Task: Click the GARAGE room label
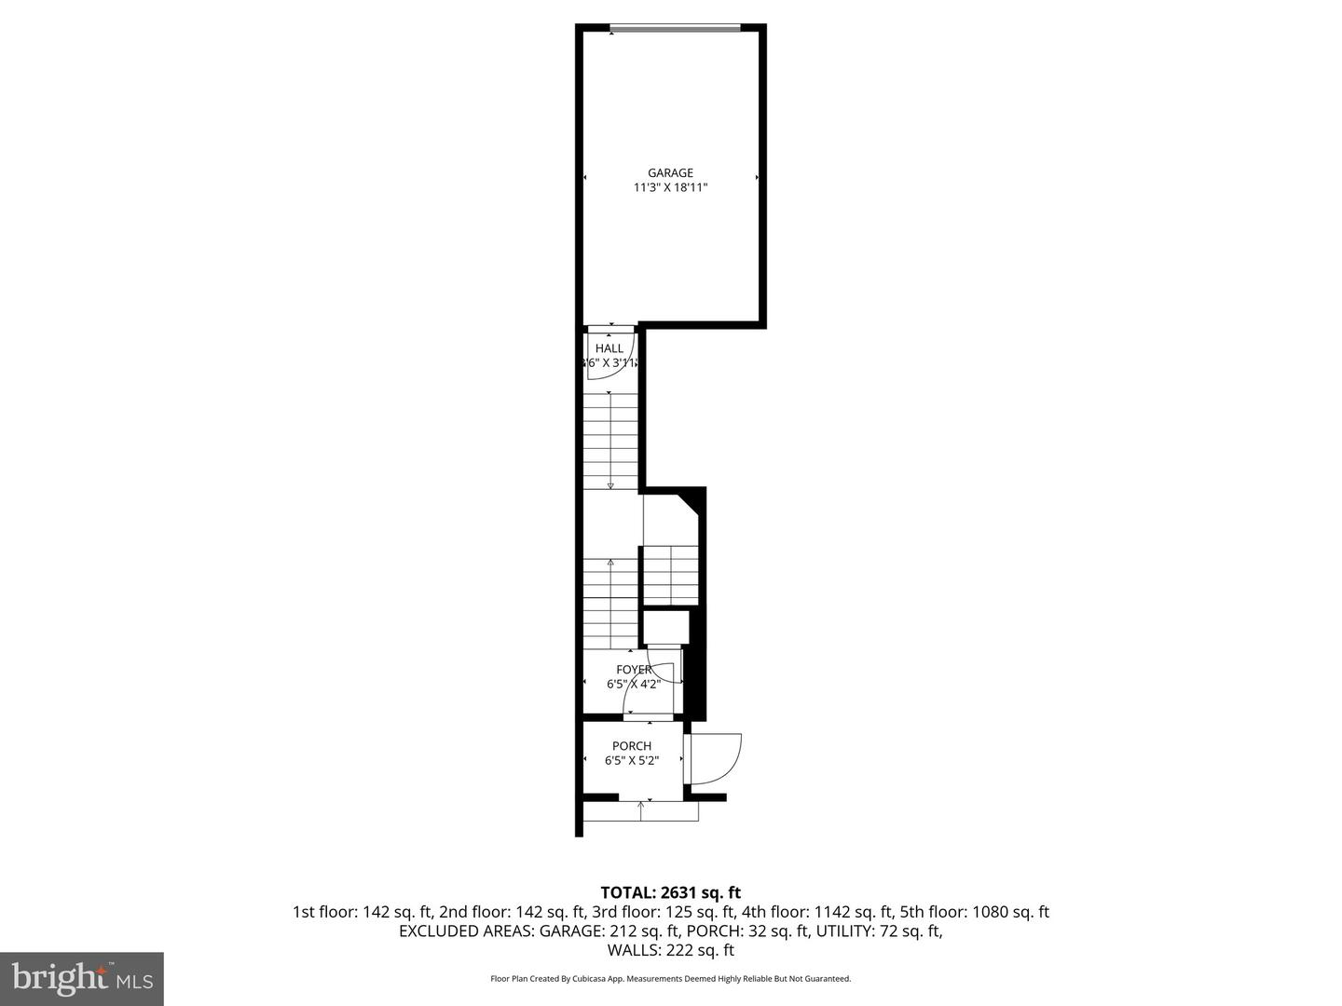pos(670,172)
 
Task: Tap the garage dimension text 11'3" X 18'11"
pos(670,187)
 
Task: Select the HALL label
pos(609,348)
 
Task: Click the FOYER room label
pos(634,669)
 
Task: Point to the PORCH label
pos(631,745)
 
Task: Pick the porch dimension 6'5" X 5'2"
pos(631,760)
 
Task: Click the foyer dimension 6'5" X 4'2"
pos(634,684)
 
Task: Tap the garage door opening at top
pos(675,28)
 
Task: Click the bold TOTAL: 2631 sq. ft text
pos(670,892)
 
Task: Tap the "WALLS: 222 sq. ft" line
pos(670,950)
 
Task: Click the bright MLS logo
pos(82,978)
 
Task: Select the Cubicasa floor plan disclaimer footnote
pos(670,979)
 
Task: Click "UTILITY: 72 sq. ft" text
pos(879,931)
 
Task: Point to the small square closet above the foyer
pos(665,626)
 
